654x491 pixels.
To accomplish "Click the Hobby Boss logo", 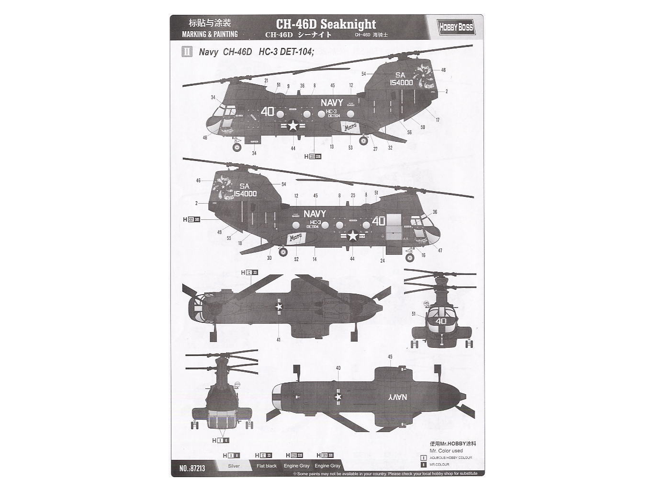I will point(456,27).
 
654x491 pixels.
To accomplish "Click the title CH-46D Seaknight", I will point(326,24).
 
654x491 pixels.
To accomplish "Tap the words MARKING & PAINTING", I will point(210,34).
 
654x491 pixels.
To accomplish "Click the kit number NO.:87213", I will point(192,468).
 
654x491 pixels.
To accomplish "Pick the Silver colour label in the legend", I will point(234,466).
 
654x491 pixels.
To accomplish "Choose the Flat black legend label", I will point(266,466).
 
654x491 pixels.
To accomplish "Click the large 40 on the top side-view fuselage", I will point(268,112).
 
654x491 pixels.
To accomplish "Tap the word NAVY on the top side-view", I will point(332,103).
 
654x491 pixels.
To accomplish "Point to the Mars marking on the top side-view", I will point(350,127).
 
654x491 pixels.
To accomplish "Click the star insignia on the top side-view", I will point(293,126).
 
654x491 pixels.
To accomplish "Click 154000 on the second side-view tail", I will point(245,194).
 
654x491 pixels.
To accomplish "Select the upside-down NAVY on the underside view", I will point(397,397).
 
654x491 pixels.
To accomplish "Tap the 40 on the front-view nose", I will point(440,321).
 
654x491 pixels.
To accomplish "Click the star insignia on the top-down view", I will point(280,306).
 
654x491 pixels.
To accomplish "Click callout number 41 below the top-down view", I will point(278,340).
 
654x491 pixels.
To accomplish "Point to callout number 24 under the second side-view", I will point(383,261).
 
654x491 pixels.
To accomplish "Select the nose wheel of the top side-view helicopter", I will point(237,147).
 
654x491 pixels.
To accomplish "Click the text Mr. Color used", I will point(446,451).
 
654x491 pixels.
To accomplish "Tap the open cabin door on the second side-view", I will point(393,226).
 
